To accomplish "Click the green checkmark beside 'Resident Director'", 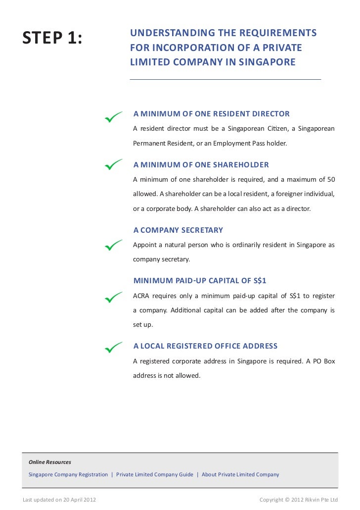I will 113,117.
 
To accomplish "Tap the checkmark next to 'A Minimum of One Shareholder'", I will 113,164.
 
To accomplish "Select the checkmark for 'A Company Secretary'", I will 113,245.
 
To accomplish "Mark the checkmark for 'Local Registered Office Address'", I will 113,348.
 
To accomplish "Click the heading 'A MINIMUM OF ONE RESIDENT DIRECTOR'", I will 212,114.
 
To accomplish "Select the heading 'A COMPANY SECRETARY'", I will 178,230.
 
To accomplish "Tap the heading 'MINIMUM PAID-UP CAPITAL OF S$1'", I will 200,281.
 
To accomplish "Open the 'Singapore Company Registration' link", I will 68,474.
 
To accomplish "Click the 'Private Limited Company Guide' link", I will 155,474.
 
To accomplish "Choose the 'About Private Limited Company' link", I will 240,474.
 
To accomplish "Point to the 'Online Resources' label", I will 50,462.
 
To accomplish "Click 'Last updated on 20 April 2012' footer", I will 59,500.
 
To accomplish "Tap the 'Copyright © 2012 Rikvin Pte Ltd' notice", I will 299,500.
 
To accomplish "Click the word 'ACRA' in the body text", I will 142,296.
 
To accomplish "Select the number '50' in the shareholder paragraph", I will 330,178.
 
